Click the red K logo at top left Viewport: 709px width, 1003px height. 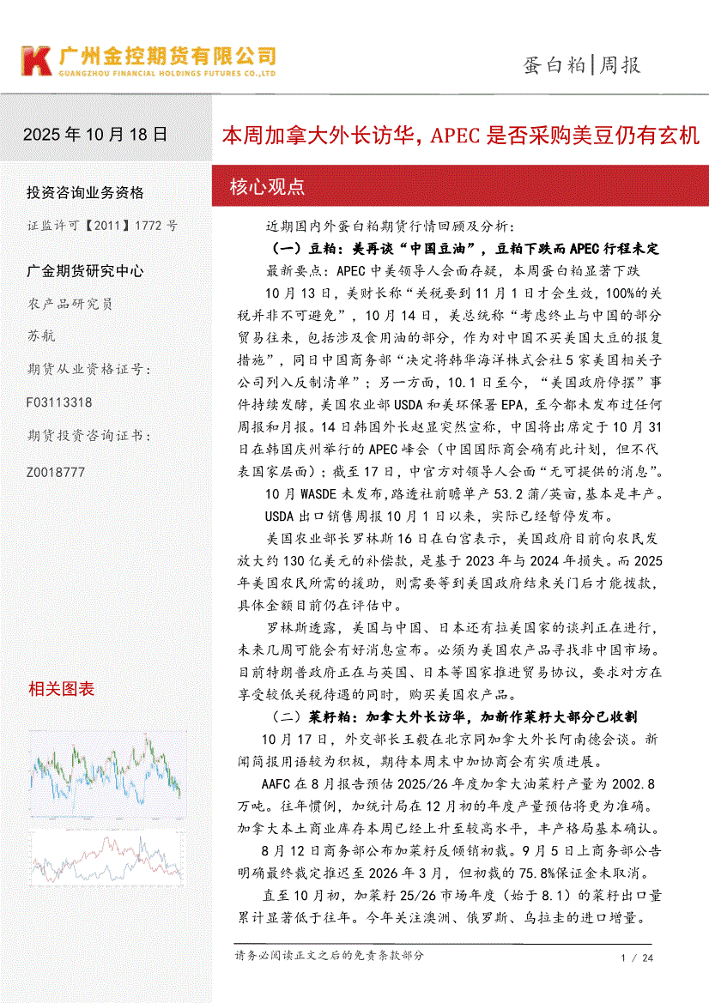36,61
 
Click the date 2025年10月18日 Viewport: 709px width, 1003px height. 95,135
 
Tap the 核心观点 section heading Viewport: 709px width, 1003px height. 267,186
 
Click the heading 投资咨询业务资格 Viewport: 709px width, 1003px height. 85,192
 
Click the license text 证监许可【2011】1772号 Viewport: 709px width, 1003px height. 102,226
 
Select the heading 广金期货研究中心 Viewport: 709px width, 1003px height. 85,271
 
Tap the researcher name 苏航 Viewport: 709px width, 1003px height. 40,335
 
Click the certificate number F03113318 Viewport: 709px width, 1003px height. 60,402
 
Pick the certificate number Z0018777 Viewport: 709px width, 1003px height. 57,472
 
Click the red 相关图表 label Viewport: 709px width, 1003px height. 61,689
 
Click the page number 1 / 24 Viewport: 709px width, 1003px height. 636,958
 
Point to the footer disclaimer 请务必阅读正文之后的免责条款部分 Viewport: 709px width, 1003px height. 329,955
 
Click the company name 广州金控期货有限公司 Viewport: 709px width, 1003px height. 167,57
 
